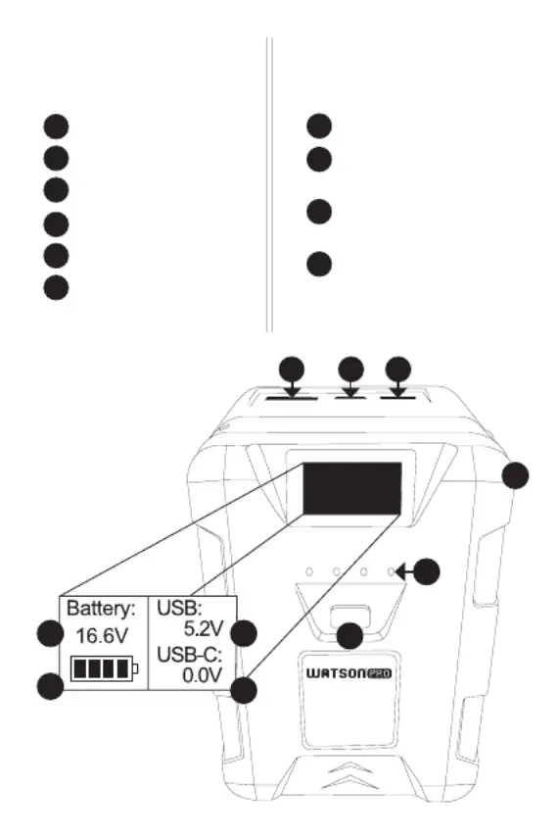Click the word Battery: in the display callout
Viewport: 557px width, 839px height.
[x=101, y=609]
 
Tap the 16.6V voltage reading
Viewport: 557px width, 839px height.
[x=102, y=636]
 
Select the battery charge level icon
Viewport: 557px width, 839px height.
[x=104, y=668]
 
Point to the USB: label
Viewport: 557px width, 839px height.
[x=179, y=608]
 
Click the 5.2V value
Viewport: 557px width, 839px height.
[x=204, y=628]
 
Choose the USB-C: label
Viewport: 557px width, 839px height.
[x=189, y=654]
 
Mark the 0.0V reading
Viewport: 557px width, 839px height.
[x=202, y=675]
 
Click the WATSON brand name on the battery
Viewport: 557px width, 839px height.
[x=336, y=673]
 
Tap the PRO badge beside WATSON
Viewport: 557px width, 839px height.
[x=379, y=673]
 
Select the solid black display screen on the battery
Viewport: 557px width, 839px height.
[x=352, y=489]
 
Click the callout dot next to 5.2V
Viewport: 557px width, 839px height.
[x=244, y=633]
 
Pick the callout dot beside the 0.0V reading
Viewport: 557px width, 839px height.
[x=244, y=690]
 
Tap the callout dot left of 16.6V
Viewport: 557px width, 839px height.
[x=50, y=633]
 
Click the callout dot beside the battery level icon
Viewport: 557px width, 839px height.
[x=50, y=686]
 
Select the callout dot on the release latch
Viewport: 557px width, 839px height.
[x=350, y=636]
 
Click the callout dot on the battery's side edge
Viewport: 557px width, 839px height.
[x=516, y=475]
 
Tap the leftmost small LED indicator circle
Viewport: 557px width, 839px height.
[x=309, y=572]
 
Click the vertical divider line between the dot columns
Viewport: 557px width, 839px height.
[x=269, y=184]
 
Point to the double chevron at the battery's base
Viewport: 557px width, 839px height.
[x=349, y=777]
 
